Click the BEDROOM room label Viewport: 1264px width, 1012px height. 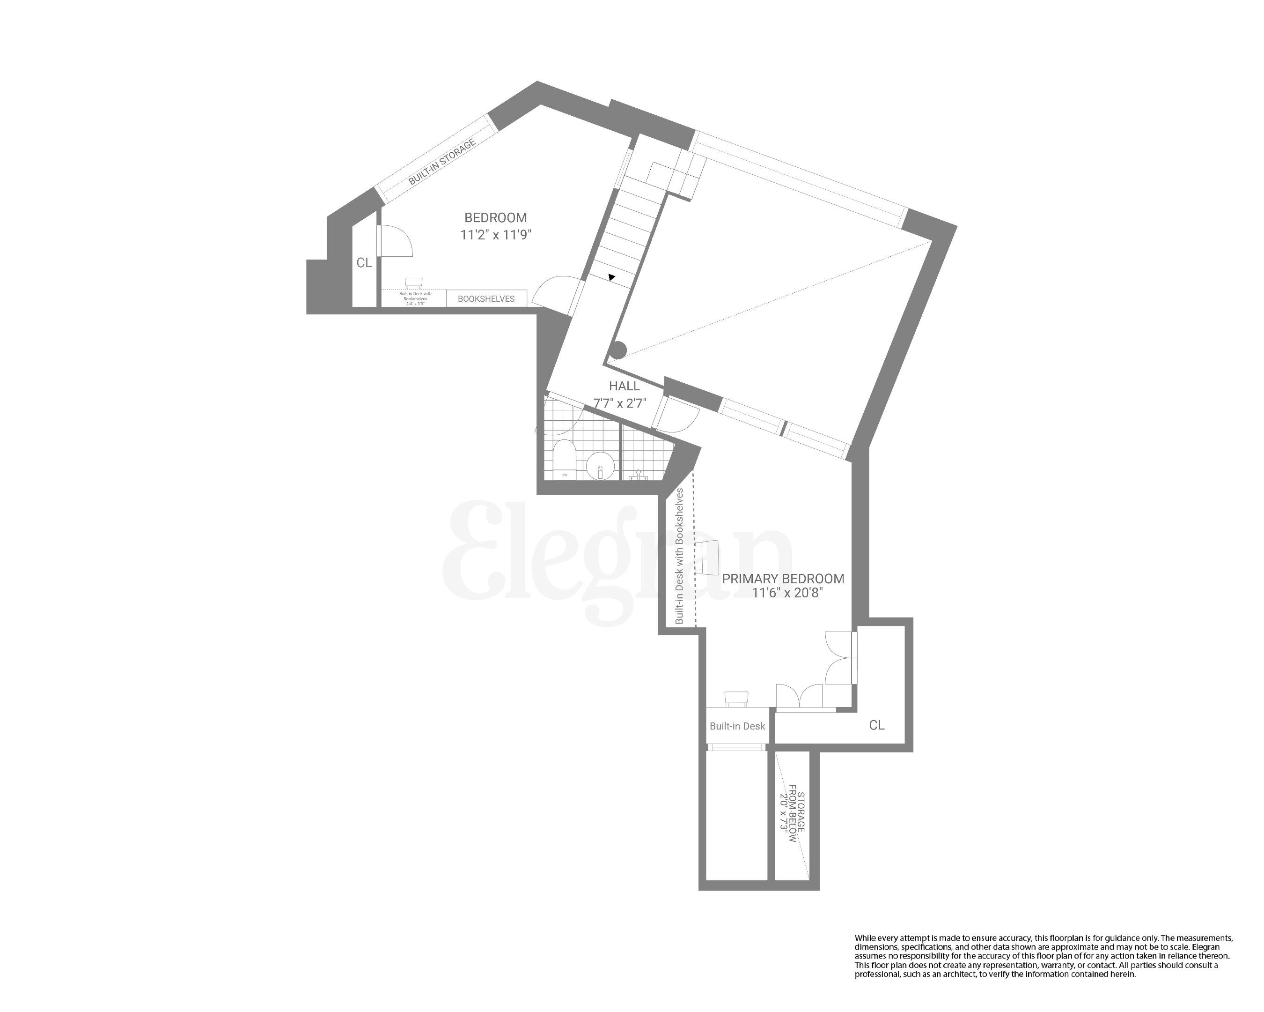click(x=495, y=218)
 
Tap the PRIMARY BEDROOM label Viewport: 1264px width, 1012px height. click(x=783, y=579)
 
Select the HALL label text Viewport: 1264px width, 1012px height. click(x=624, y=386)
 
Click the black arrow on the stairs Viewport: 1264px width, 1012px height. click(x=611, y=277)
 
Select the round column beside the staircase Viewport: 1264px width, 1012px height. click(x=617, y=350)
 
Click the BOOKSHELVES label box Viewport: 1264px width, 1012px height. click(x=486, y=298)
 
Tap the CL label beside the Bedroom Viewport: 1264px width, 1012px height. click(x=364, y=263)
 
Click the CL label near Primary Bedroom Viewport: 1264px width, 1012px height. click(x=876, y=726)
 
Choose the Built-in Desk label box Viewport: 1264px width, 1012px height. click(x=737, y=726)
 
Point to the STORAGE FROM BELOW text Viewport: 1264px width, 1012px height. click(x=792, y=818)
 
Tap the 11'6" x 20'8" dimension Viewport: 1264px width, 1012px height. click(x=787, y=593)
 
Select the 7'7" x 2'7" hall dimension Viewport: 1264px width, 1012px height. click(x=620, y=403)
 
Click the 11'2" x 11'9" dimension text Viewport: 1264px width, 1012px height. click(x=495, y=235)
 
